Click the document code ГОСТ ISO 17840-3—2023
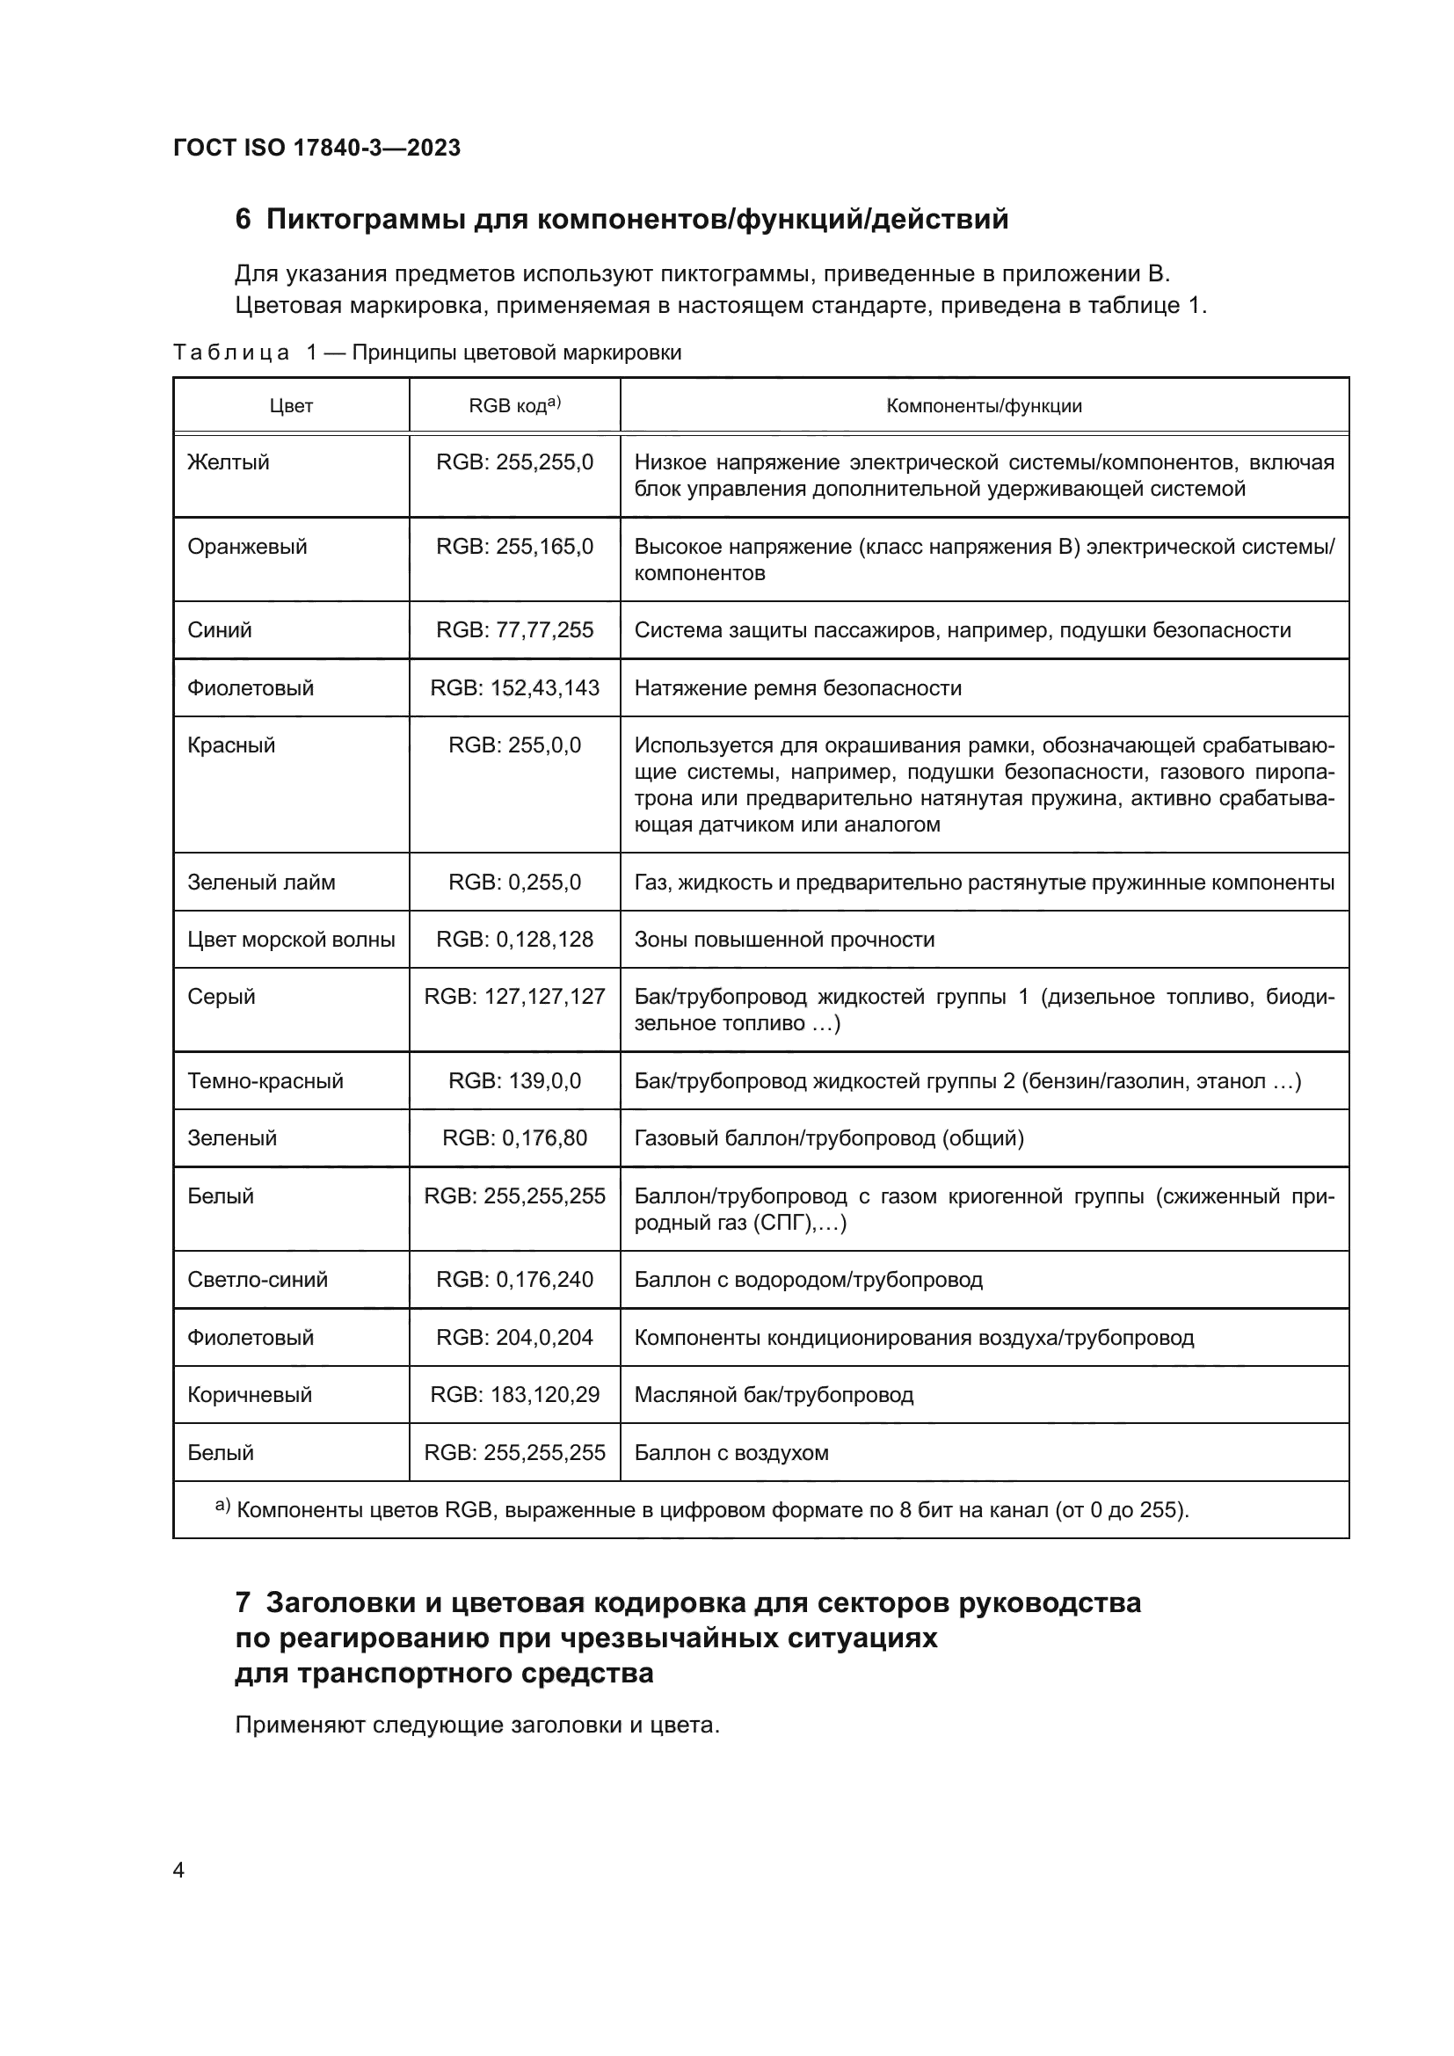[x=317, y=148]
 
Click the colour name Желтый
[x=229, y=463]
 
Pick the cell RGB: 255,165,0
[x=514, y=547]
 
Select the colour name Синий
[x=220, y=630]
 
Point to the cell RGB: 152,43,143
[x=514, y=688]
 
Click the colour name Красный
[x=231, y=746]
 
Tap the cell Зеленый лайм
[x=261, y=883]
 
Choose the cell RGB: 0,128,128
[x=514, y=941]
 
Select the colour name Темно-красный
[x=265, y=1082]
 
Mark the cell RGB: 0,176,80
[x=514, y=1139]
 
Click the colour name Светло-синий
[x=258, y=1281]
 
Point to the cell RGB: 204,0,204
[x=514, y=1339]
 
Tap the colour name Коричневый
[x=250, y=1395]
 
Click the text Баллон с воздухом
[x=731, y=1453]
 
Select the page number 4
[x=178, y=1871]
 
